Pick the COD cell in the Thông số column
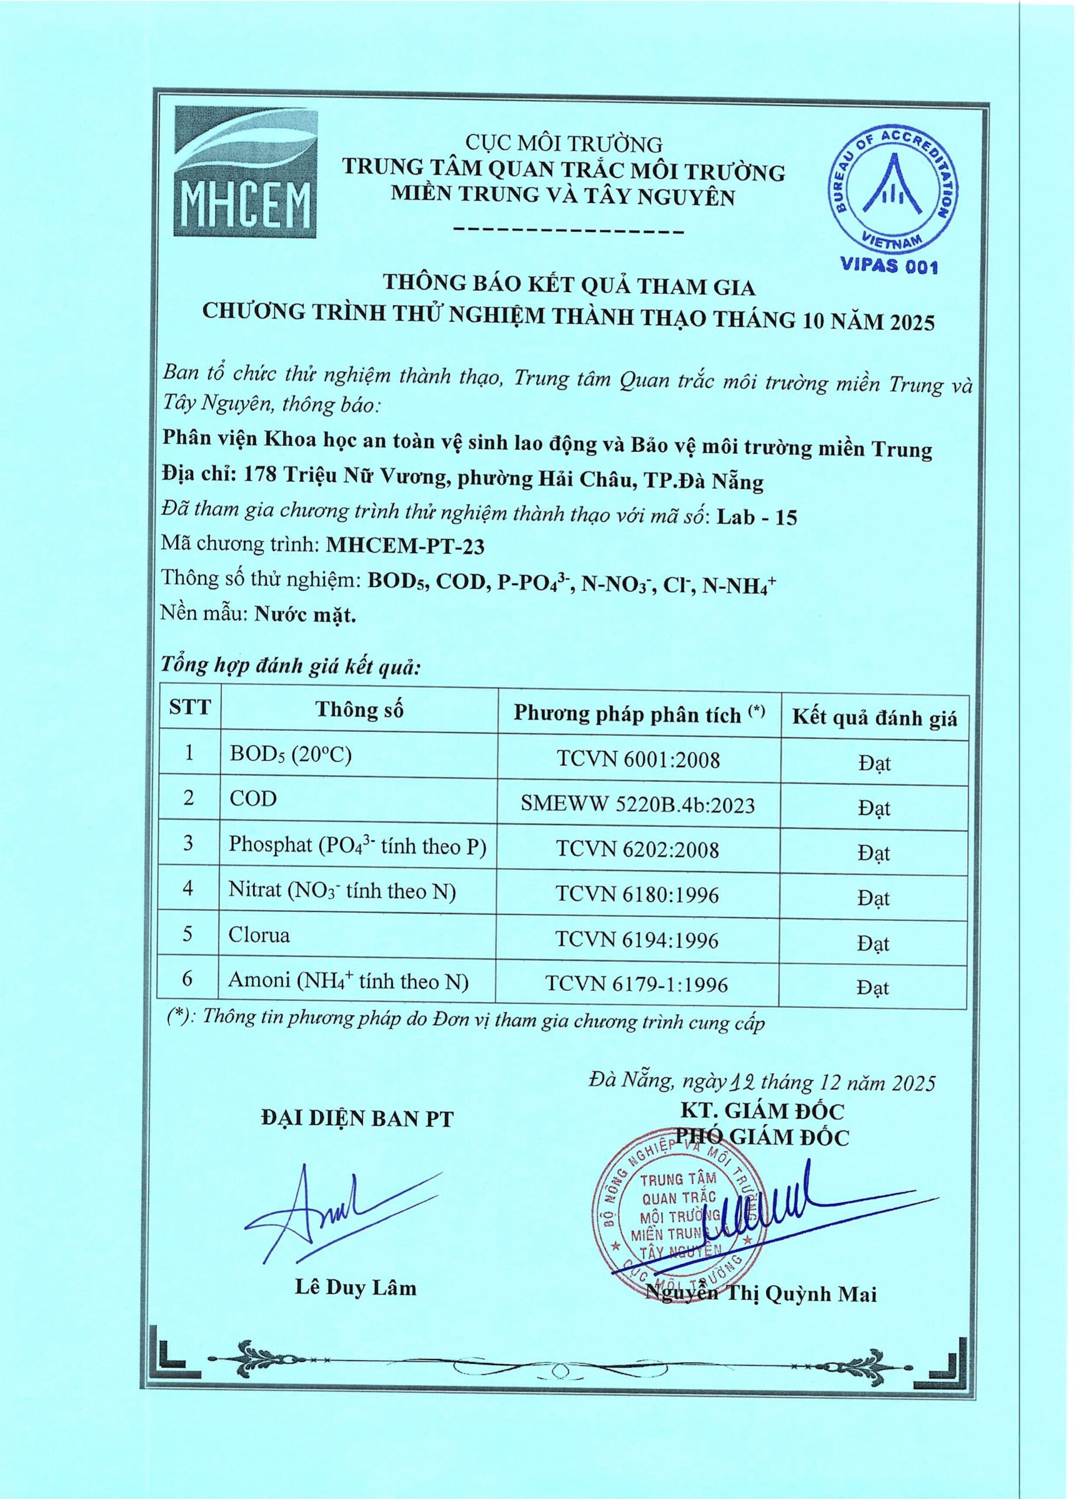[x=253, y=799]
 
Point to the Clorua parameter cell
[x=259, y=935]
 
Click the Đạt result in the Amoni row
[x=874, y=988]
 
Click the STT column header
[x=190, y=708]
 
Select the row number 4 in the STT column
[x=189, y=889]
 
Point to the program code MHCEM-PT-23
[x=406, y=546]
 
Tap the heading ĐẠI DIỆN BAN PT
[x=358, y=1119]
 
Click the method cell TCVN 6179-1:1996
[x=638, y=985]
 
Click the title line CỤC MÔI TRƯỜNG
[x=563, y=143]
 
